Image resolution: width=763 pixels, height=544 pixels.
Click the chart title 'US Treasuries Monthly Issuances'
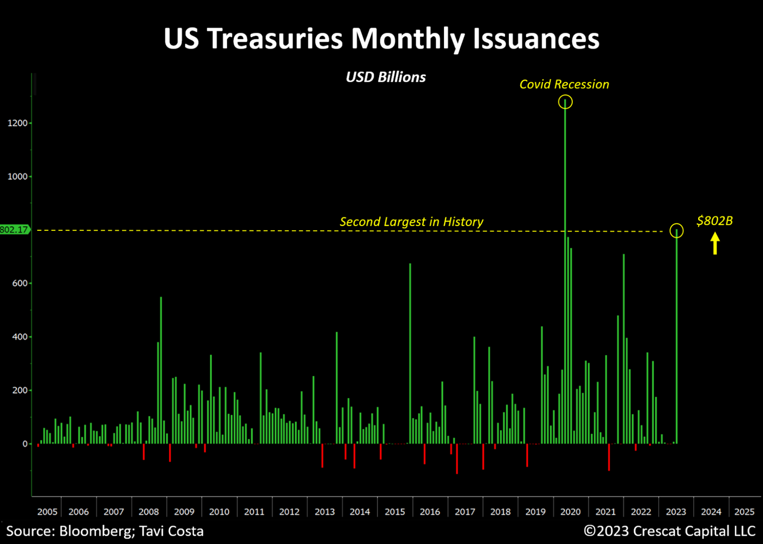pyautogui.click(x=381, y=39)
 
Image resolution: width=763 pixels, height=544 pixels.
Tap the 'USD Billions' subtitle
pyautogui.click(x=386, y=77)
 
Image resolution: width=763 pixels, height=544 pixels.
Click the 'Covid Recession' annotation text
pyautogui.click(x=564, y=84)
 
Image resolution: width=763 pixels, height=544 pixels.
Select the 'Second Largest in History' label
pyautogui.click(x=411, y=222)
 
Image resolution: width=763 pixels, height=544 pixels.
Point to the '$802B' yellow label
pyautogui.click(x=714, y=221)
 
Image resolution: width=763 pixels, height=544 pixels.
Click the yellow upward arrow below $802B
pyautogui.click(x=715, y=243)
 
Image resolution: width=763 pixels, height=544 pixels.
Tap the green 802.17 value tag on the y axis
pyautogui.click(x=15, y=230)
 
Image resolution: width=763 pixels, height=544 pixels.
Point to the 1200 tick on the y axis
pyautogui.click(x=17, y=123)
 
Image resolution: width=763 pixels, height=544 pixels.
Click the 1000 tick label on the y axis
pyautogui.click(x=17, y=177)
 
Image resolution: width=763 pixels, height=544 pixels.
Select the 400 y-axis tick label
pyautogui.click(x=19, y=337)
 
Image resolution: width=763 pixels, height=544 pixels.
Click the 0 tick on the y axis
pyautogui.click(x=25, y=444)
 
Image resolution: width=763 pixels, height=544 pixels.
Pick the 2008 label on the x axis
pyautogui.click(x=149, y=512)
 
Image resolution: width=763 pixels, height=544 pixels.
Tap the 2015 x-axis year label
pyautogui.click(x=395, y=512)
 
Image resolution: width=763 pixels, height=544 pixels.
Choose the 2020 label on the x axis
pyautogui.click(x=570, y=512)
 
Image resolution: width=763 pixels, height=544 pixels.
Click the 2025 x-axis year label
pyautogui.click(x=745, y=512)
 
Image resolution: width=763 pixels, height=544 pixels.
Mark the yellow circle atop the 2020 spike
pyautogui.click(x=565, y=102)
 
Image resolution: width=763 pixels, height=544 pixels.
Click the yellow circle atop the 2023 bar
pyautogui.click(x=676, y=231)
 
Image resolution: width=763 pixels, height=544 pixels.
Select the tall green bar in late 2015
pyautogui.click(x=410, y=351)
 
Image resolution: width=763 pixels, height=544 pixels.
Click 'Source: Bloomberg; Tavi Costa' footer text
pyautogui.click(x=105, y=531)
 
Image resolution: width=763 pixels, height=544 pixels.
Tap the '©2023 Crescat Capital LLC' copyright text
pyautogui.click(x=669, y=531)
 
